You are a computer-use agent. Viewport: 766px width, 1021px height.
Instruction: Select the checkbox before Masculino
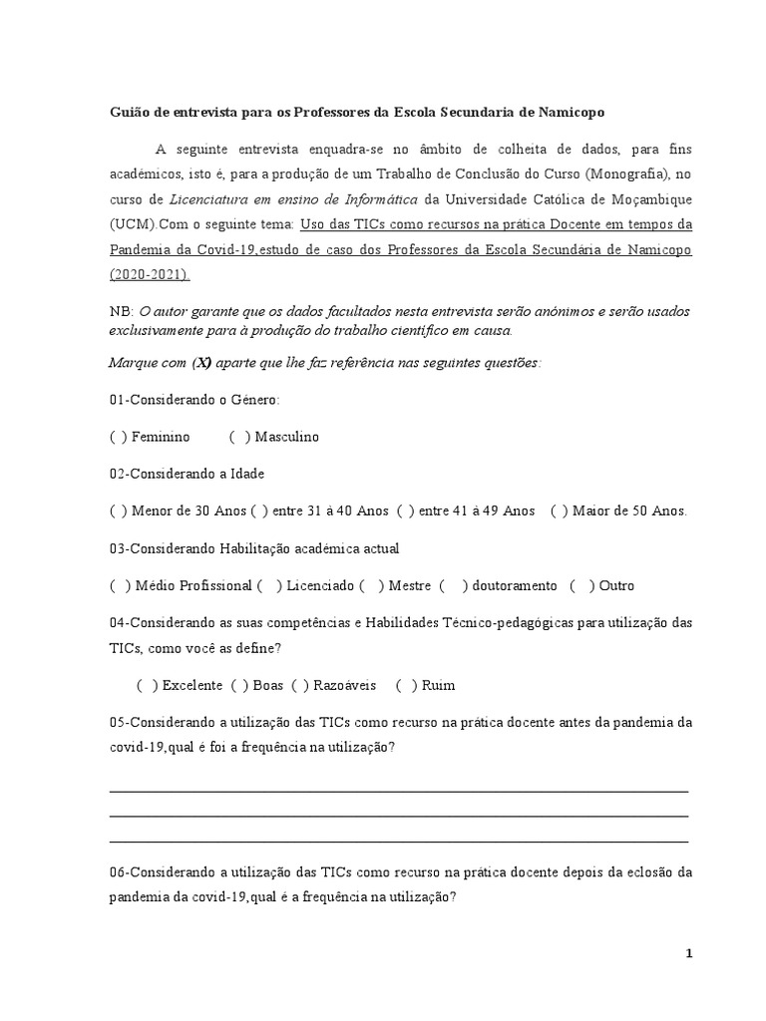(x=239, y=437)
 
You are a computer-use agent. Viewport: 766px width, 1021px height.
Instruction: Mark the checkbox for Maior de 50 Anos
(x=558, y=511)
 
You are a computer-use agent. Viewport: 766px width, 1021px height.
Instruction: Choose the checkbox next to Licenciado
(x=267, y=586)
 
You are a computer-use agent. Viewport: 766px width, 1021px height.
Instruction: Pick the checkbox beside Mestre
(x=371, y=586)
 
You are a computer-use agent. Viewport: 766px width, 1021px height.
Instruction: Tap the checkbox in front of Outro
(x=581, y=586)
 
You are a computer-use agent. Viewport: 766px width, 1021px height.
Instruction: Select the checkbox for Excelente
(x=147, y=686)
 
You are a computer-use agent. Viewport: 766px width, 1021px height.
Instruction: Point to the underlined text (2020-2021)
(x=150, y=273)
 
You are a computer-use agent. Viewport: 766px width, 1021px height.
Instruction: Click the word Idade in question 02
(x=247, y=475)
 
